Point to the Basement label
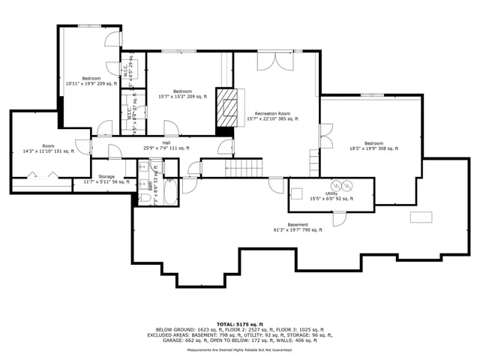[297, 227]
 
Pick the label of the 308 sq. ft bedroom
[373, 145]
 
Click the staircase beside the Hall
[247, 169]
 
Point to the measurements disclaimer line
[240, 350]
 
